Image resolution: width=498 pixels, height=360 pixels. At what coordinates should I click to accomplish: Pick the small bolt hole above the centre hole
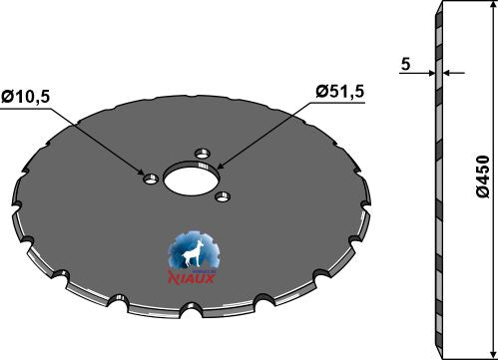[203, 155]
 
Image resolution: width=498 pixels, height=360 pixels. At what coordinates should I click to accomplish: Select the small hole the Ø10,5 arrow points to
[150, 179]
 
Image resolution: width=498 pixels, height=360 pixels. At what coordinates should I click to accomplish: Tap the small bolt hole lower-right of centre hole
[223, 195]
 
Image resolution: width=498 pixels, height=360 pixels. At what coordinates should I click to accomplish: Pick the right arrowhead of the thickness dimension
[447, 73]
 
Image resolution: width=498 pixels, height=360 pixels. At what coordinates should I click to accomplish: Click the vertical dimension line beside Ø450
[472, 180]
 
